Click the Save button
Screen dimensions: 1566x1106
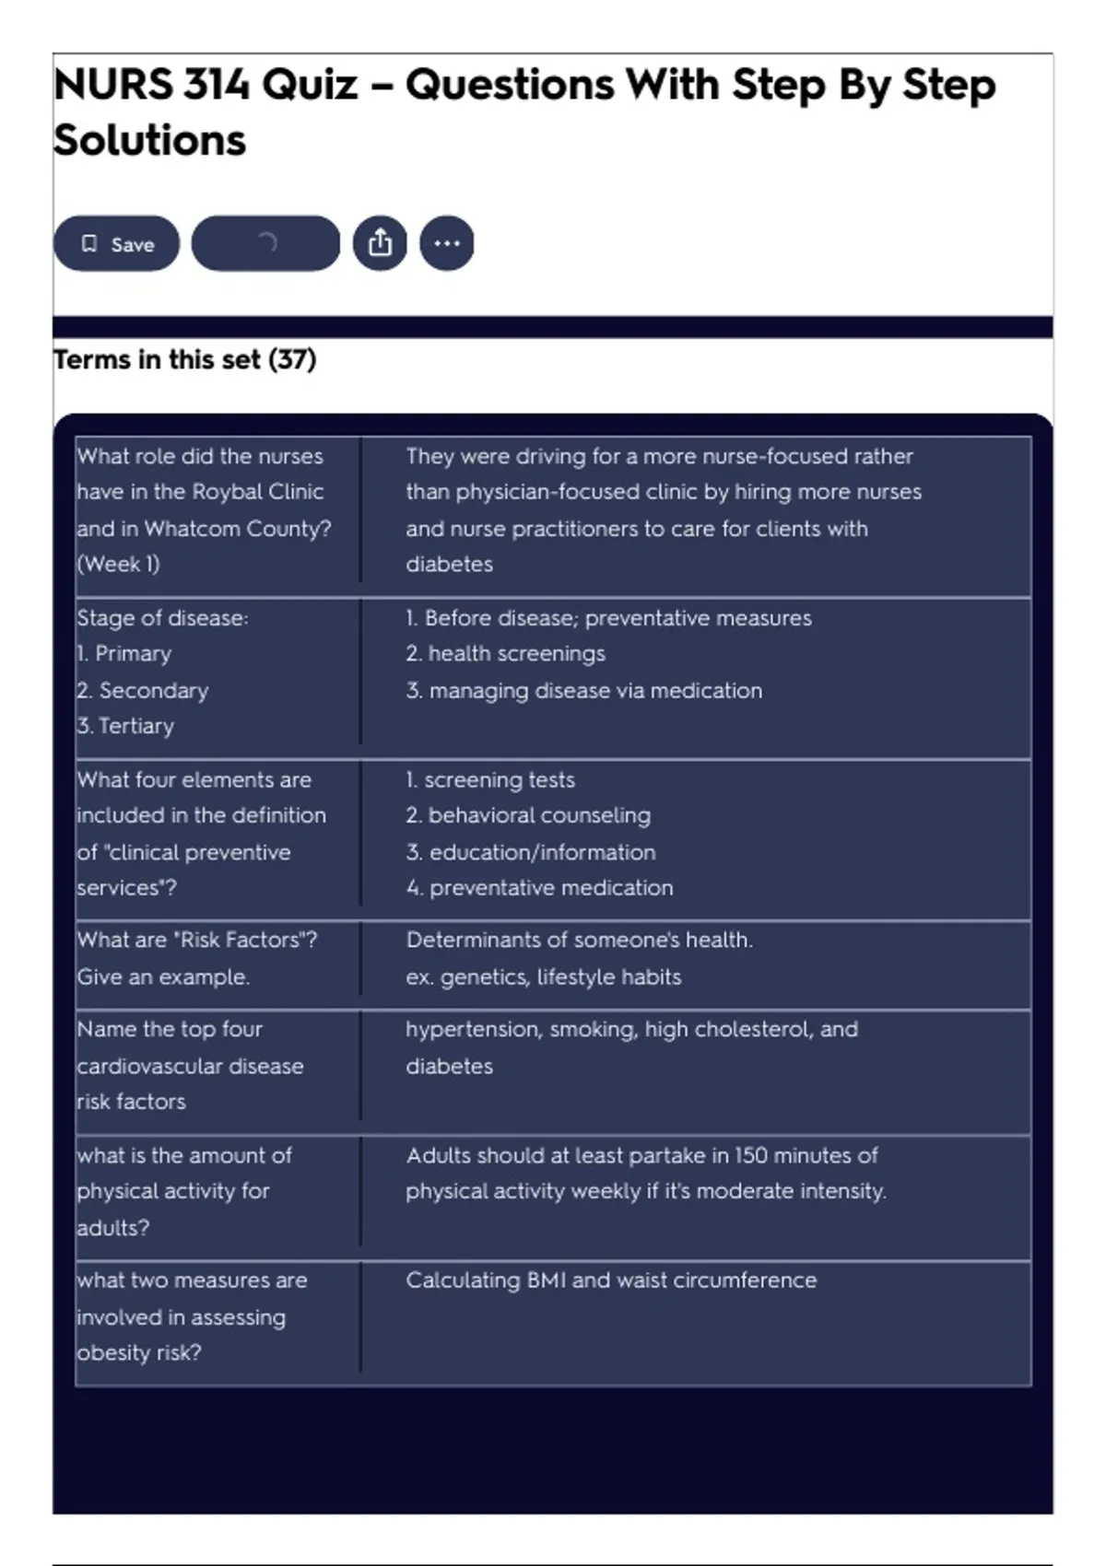tap(116, 244)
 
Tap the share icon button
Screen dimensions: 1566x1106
tap(380, 244)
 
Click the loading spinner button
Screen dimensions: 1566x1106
tap(265, 244)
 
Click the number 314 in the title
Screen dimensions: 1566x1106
tap(216, 86)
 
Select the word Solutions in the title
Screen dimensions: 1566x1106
tap(149, 141)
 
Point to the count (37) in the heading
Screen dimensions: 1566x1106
tap(292, 359)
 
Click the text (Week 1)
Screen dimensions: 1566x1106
tap(118, 564)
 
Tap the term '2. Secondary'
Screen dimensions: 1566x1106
tap(143, 690)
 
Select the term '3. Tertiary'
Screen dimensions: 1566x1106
tap(125, 726)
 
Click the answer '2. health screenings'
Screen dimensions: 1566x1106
tap(505, 653)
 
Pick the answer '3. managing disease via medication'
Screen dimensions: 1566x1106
tap(584, 690)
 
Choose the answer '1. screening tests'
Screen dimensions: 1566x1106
tap(490, 779)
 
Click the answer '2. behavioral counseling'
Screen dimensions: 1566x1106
tap(528, 815)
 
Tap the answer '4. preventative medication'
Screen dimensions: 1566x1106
tap(539, 887)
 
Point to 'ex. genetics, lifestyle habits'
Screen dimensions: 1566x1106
tap(543, 976)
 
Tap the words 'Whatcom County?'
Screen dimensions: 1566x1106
tap(238, 529)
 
